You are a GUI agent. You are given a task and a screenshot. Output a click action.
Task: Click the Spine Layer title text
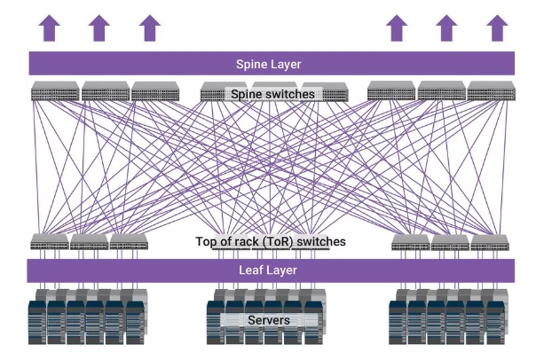268,64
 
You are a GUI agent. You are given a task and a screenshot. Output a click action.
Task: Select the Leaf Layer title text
268,270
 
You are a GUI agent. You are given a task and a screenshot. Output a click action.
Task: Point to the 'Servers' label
269,320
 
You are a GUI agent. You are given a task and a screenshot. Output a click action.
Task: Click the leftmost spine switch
55,90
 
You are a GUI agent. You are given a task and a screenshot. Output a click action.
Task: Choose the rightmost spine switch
491,90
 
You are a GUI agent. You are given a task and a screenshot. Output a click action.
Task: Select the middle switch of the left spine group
105,90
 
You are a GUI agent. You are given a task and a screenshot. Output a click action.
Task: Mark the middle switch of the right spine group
441,90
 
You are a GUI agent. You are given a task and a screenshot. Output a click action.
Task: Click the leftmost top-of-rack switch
50,241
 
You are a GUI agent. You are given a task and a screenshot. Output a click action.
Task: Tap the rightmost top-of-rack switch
489,241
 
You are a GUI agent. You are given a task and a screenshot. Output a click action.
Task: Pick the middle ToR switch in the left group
89,241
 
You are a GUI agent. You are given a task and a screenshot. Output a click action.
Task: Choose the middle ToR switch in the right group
450,241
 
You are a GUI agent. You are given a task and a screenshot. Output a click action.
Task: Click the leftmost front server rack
37,321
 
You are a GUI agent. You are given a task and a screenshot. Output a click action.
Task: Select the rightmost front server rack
493,321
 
